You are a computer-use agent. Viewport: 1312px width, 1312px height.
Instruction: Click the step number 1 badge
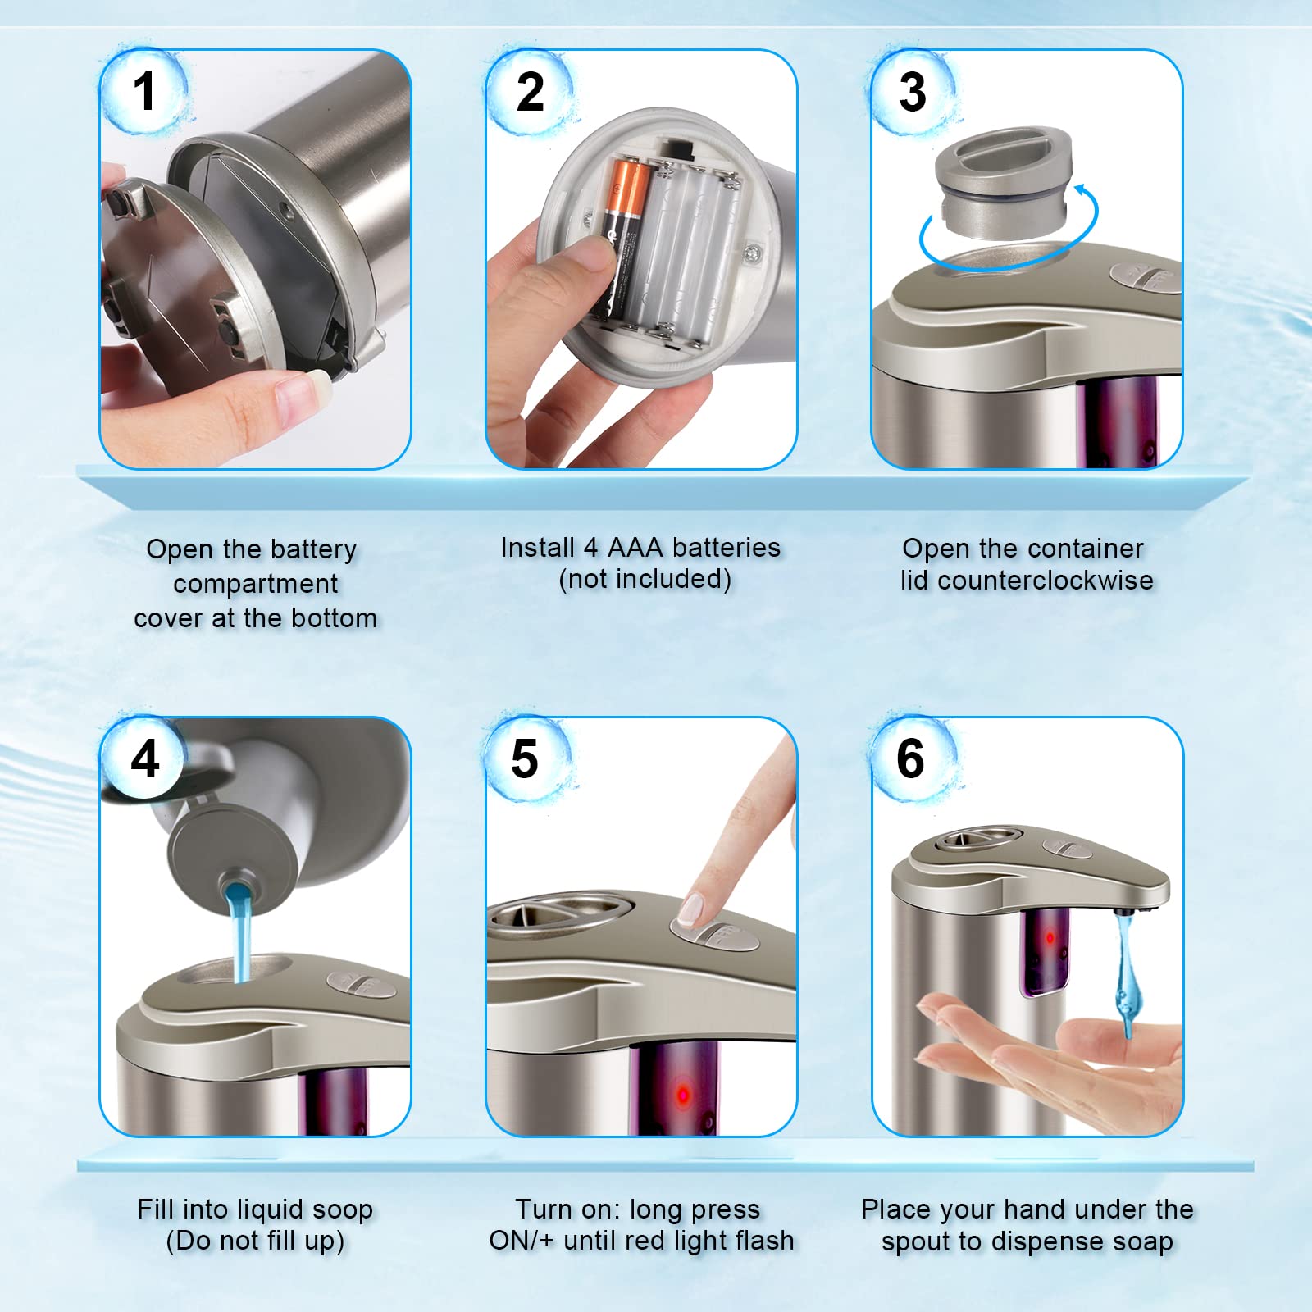(x=144, y=90)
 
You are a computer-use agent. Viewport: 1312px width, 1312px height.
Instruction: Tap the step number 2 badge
(x=531, y=92)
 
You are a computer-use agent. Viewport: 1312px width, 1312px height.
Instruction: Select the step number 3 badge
(x=913, y=92)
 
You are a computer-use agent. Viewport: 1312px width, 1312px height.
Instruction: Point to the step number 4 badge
(x=145, y=758)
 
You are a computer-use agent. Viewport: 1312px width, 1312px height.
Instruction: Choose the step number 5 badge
(x=526, y=758)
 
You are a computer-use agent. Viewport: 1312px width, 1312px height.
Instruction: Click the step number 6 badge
(x=911, y=758)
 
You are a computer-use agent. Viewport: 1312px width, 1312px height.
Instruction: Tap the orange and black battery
(x=622, y=238)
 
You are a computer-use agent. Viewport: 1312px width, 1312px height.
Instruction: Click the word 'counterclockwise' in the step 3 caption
(x=1045, y=581)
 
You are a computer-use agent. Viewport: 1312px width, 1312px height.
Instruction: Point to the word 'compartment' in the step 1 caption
(x=255, y=585)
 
